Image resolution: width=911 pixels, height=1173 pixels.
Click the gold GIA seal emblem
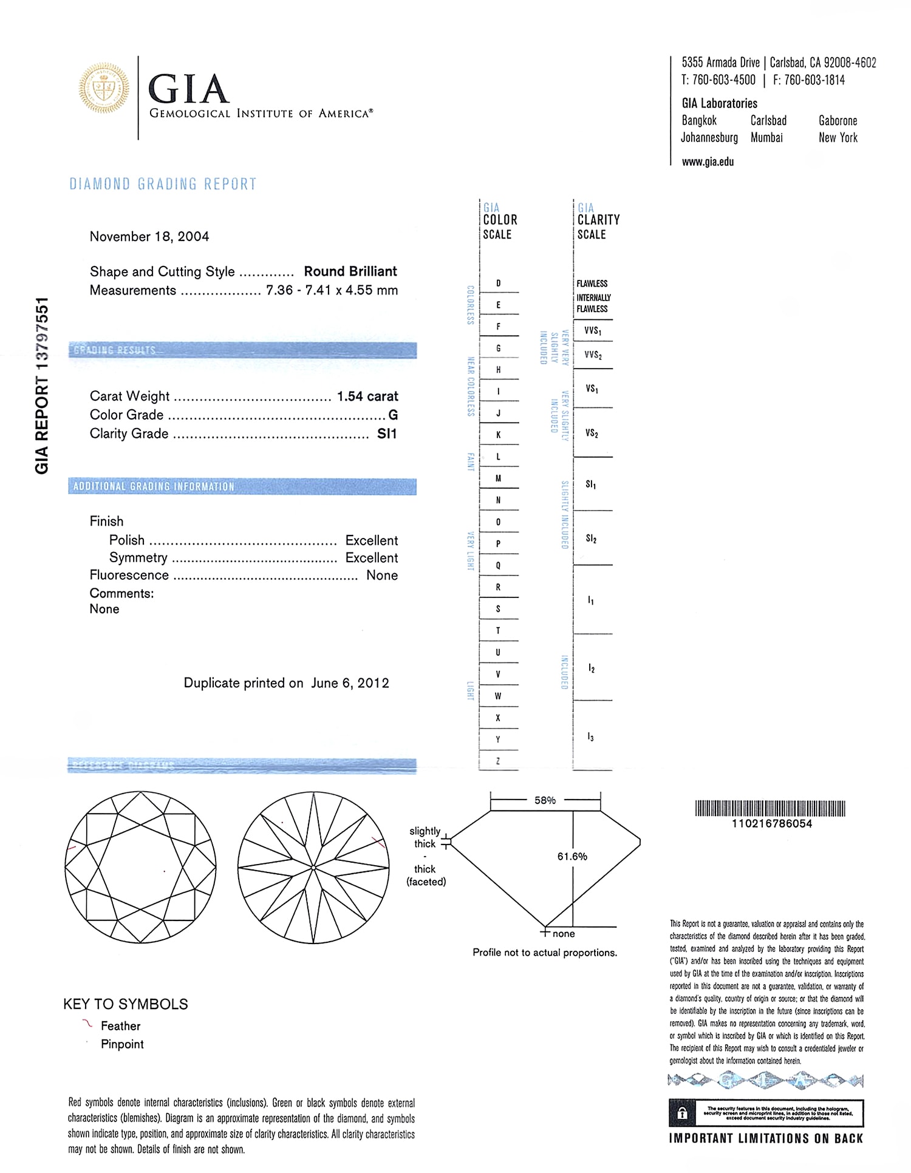point(104,89)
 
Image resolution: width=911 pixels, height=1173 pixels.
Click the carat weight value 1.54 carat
point(367,396)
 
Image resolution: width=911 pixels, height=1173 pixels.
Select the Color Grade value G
point(393,415)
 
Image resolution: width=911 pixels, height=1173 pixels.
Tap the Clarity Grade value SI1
point(387,433)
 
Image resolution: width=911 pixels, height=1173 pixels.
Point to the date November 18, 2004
point(149,237)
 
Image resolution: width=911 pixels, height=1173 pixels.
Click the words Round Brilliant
point(350,271)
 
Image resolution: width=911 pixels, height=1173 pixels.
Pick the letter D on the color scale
point(499,284)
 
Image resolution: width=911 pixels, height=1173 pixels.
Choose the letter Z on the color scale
point(498,761)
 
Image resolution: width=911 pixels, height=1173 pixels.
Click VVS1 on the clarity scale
point(593,331)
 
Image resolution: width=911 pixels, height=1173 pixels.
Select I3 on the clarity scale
point(590,737)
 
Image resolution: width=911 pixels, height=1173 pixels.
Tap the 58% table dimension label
point(545,800)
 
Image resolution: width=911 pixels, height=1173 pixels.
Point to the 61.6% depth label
point(572,857)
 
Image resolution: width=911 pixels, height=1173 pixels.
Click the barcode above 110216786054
point(770,809)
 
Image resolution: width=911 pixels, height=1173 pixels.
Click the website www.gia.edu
point(708,162)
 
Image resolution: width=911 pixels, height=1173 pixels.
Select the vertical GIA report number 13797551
point(41,386)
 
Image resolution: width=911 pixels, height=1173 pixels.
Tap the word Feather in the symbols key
point(120,1026)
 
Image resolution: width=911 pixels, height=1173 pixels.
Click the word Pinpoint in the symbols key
point(122,1044)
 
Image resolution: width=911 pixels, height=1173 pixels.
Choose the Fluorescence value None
point(382,576)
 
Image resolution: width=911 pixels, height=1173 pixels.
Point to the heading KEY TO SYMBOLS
point(126,1004)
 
